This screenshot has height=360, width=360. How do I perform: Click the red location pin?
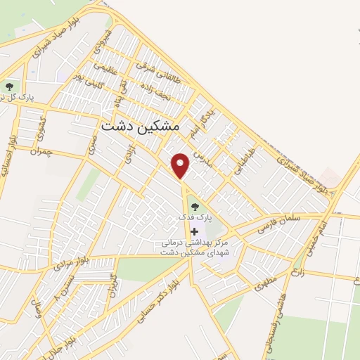181,165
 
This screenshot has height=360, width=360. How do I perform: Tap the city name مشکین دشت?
140,127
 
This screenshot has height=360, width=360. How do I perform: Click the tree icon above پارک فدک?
195,206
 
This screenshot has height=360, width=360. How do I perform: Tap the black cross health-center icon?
194,231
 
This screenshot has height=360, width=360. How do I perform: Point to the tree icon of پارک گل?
9,87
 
